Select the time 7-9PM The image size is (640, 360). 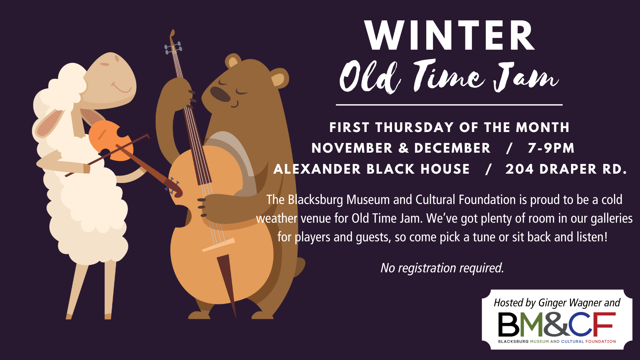point(551,148)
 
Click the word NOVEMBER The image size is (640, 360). point(352,148)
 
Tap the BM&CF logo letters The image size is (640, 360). point(557,324)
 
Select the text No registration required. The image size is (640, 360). point(442,268)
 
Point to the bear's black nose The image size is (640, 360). point(220,94)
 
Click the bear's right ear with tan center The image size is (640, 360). point(279,78)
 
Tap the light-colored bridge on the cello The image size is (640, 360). point(219,245)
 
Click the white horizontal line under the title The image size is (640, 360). point(449,105)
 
